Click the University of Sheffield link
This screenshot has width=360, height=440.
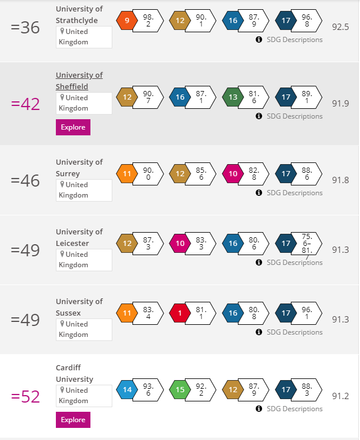pos(79,81)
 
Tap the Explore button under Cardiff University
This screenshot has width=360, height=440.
pos(73,420)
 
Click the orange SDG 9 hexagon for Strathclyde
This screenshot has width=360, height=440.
pos(127,21)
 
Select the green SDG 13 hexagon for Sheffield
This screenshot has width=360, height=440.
pos(233,97)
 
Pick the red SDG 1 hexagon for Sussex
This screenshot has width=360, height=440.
pos(180,313)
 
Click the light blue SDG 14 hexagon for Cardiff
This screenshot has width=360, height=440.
pos(127,390)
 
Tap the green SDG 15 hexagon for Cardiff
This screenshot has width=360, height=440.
pos(180,390)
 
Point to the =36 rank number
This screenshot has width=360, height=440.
pos(25,28)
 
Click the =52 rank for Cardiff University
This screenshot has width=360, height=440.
pos(25,397)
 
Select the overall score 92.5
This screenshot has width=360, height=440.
pos(340,27)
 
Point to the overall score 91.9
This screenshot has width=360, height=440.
pos(340,104)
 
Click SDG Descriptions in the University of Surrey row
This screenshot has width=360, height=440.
pos(294,192)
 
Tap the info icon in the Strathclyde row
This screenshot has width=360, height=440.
pos(259,40)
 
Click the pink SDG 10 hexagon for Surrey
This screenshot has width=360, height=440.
pos(233,174)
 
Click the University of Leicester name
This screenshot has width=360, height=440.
pos(79,237)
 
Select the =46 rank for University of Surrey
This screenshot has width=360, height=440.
pos(25,181)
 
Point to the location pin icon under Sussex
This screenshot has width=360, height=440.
pos(62,324)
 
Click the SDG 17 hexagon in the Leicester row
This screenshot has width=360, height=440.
pos(286,244)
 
